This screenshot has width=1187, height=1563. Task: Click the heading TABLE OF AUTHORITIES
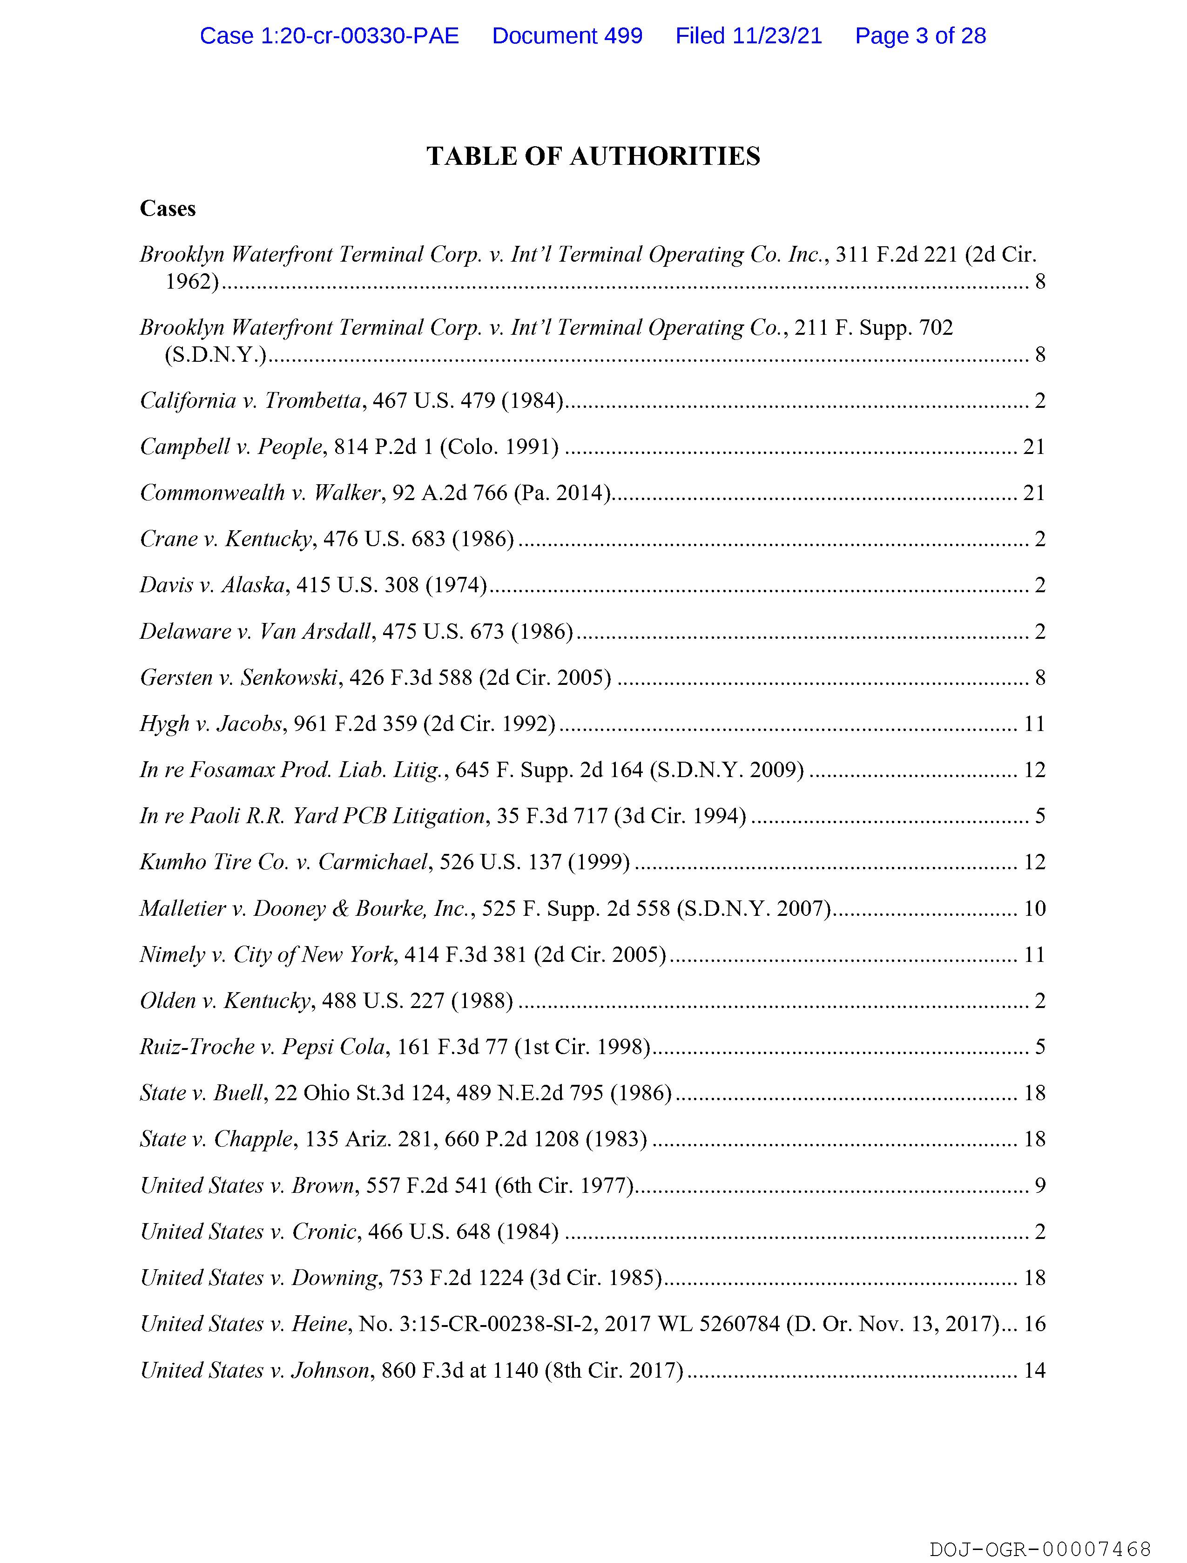pos(593,156)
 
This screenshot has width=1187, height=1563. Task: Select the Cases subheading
pos(168,209)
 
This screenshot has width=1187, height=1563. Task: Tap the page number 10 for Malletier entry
pos(1034,908)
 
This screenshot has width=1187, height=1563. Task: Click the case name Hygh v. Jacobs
pos(210,724)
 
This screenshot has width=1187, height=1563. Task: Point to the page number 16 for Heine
pos(1034,1324)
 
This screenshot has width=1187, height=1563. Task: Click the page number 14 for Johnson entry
pos(1034,1370)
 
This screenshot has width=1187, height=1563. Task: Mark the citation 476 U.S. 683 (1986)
pos(419,539)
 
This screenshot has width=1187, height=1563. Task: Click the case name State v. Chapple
pos(216,1139)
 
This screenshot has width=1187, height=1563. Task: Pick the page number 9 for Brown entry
pos(1040,1185)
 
